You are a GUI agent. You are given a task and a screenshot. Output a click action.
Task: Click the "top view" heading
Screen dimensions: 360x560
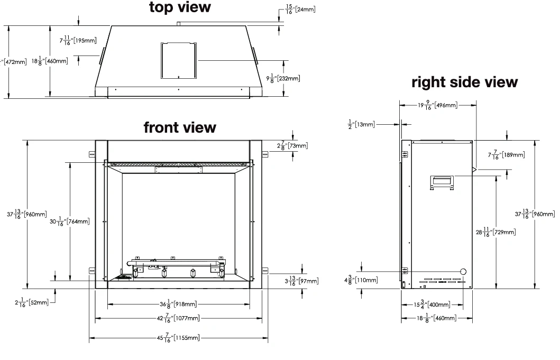[179, 7]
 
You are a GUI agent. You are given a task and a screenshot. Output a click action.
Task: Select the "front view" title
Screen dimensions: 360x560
[180, 127]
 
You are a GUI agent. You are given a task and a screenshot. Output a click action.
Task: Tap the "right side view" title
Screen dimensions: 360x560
[464, 82]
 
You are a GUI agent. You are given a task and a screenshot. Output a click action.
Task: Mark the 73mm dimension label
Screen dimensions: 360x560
[292, 145]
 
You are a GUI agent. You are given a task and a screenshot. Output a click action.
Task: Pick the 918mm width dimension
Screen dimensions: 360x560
[180, 304]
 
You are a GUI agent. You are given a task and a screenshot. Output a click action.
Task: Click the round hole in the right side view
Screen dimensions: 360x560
[463, 271]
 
